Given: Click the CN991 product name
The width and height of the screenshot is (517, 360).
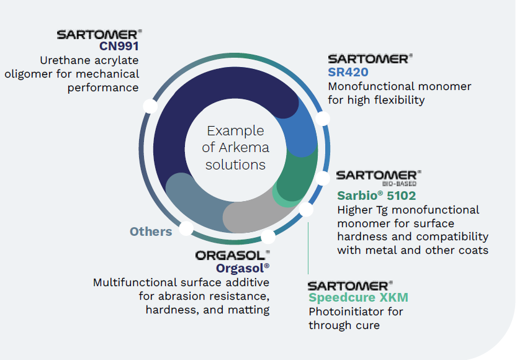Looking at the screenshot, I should tap(119, 46).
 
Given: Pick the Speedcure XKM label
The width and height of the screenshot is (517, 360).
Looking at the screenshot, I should tap(359, 297).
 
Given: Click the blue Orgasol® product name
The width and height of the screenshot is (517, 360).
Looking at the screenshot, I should tap(243, 268).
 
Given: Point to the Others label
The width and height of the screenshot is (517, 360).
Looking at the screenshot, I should tap(151, 232).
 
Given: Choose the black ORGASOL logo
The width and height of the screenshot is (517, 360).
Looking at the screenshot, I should tap(233, 254).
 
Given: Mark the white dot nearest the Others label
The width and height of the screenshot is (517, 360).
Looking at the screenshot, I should tap(185, 228).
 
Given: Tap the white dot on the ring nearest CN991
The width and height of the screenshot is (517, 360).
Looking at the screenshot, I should tap(150, 106).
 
